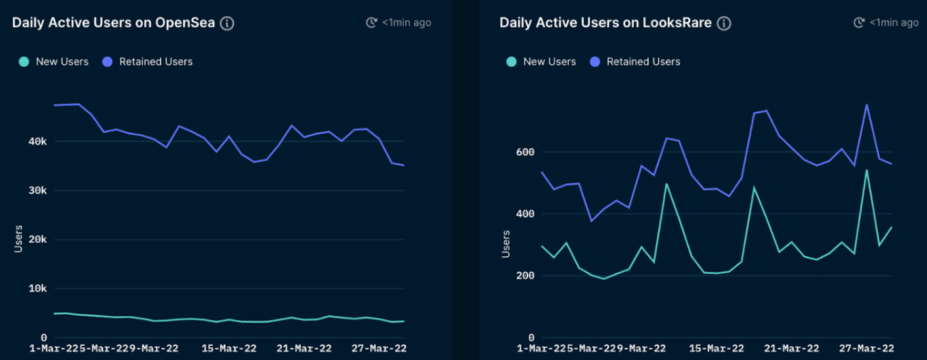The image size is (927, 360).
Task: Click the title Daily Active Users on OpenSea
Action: tap(113, 23)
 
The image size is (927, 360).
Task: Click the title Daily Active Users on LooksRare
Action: tap(605, 23)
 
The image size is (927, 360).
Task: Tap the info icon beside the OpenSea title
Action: tap(228, 23)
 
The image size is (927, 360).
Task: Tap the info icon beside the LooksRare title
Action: tap(724, 23)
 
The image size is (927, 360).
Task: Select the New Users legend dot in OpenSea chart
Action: tap(24, 61)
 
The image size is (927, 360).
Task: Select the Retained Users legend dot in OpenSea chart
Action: tap(107, 61)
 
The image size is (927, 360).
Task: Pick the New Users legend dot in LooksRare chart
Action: tap(512, 61)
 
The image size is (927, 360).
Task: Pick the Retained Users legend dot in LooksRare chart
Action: tap(595, 61)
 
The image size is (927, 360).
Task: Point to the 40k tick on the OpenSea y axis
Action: tap(37, 142)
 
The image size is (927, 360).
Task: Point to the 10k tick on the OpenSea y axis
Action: tap(37, 289)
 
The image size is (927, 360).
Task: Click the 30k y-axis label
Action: tap(37, 191)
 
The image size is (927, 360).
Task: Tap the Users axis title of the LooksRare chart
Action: tap(506, 243)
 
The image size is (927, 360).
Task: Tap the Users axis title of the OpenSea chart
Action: tap(18, 239)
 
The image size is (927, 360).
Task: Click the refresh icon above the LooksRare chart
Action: tap(859, 23)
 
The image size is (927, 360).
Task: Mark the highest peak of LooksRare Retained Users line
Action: tap(866, 104)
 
